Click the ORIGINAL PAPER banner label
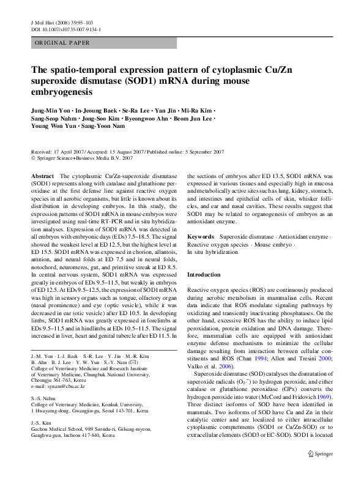(62, 43)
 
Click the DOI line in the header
(66, 29)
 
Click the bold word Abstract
(42, 176)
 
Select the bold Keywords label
(201, 236)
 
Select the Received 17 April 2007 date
(64, 152)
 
